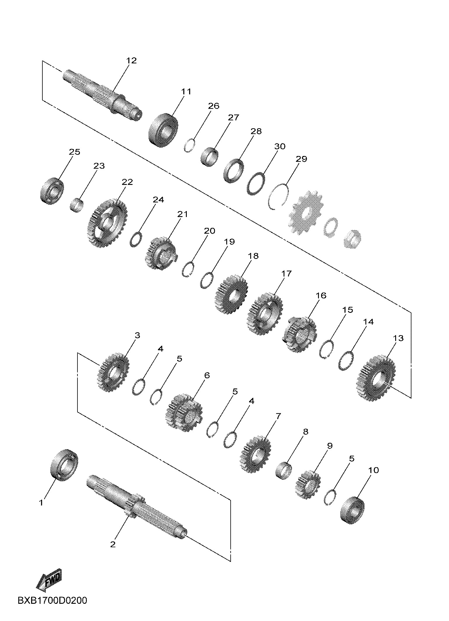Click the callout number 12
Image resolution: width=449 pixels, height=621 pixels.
tap(132, 60)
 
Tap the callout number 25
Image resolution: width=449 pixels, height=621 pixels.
tap(75, 152)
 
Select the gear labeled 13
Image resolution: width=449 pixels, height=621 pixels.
tap(376, 378)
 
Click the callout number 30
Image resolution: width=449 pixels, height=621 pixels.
tap(280, 146)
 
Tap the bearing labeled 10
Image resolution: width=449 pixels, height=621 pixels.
tap(353, 510)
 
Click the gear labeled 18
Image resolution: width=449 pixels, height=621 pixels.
tap(231, 294)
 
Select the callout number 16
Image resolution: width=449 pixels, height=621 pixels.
tap(321, 295)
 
